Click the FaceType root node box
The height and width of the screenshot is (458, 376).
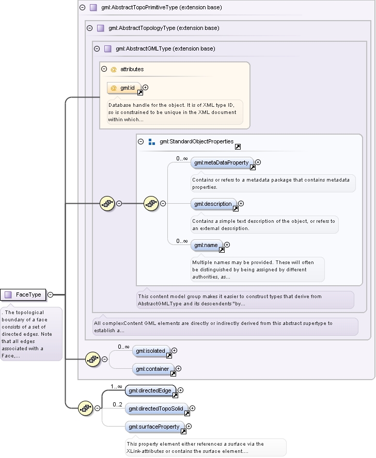tap(23, 295)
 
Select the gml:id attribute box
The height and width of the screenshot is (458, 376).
tap(124, 88)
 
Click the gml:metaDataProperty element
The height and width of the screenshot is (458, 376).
tap(222, 162)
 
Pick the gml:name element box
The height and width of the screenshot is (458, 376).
tap(207, 245)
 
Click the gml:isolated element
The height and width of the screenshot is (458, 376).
tap(151, 351)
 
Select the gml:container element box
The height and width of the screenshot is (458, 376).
tap(153, 369)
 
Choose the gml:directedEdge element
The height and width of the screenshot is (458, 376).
tap(151, 390)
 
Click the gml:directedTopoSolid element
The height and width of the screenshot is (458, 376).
tap(156, 408)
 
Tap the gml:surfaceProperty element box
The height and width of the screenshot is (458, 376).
tap(155, 427)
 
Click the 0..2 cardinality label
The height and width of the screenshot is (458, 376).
tap(117, 404)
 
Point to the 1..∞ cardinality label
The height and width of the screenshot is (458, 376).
tap(116, 386)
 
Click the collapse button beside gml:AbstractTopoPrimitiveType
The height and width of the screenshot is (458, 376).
tap(83, 8)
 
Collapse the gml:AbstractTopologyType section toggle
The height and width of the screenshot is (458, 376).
tap(90, 28)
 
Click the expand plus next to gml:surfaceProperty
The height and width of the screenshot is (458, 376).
tap(189, 427)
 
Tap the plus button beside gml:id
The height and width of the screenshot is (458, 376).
tap(145, 87)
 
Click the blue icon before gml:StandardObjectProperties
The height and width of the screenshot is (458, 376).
tap(151, 142)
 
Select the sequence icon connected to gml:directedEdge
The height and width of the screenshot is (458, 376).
tap(86, 408)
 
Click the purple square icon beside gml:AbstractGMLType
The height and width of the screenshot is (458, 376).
tap(107, 49)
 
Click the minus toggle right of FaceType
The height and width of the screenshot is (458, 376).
tap(50, 295)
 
